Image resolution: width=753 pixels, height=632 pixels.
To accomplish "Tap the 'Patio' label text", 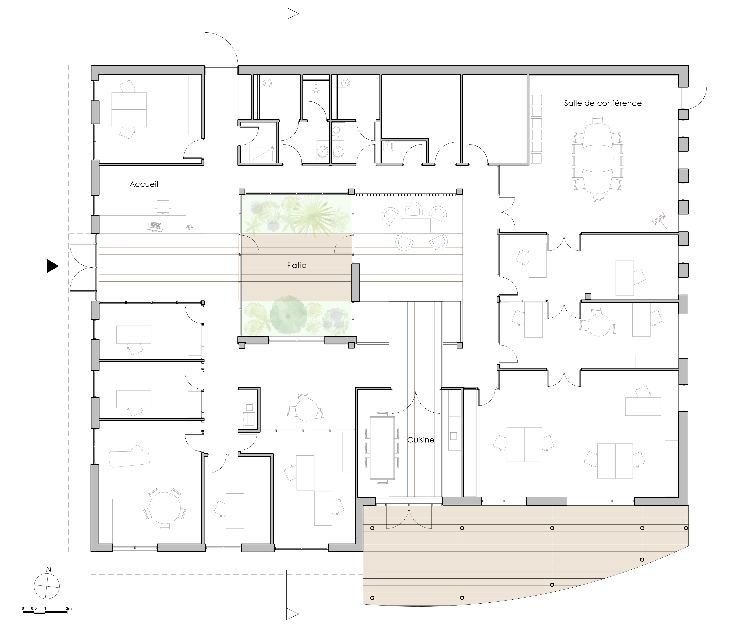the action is tap(297, 265).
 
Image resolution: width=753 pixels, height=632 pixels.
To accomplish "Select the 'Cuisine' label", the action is tap(421, 440).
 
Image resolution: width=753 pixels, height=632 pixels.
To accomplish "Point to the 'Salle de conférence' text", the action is tap(603, 103).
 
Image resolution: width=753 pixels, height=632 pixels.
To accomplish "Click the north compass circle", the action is tap(47, 586).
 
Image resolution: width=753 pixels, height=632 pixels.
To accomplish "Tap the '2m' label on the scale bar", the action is tap(69, 608).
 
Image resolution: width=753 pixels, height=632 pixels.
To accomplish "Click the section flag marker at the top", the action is tap(292, 14).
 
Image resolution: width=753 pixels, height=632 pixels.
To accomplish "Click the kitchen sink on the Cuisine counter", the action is tap(454, 436).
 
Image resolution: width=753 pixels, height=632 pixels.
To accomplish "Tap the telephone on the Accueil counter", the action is tap(189, 226).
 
